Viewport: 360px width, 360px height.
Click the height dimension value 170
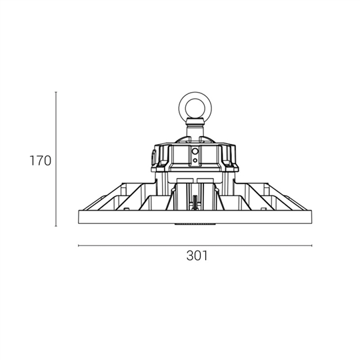click(x=41, y=161)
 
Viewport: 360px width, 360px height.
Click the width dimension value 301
click(x=197, y=255)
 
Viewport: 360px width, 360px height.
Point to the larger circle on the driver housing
click(x=195, y=151)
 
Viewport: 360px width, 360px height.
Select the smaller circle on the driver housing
click(x=195, y=160)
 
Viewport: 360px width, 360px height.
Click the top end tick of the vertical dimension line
click(x=56, y=92)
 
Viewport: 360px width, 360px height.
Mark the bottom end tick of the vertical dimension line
click(x=56, y=226)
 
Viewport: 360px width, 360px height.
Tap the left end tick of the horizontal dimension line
click(x=79, y=245)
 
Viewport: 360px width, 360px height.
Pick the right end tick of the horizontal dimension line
click(x=311, y=245)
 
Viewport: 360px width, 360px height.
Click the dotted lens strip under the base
click(x=195, y=223)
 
